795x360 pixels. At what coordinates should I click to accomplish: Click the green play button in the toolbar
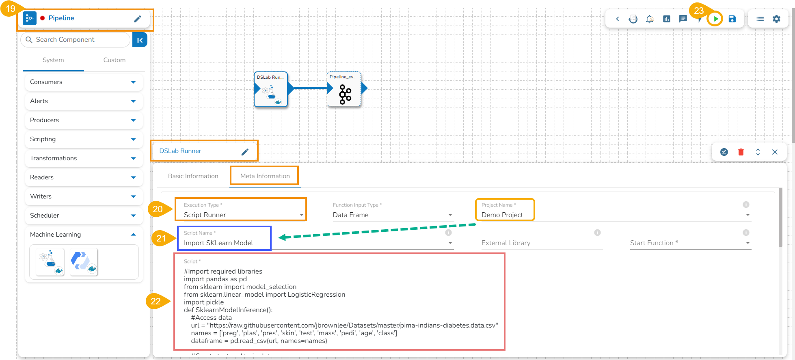pos(715,19)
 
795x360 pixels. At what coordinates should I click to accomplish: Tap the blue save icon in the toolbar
pos(732,19)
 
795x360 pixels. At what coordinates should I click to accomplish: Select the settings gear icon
pos(776,19)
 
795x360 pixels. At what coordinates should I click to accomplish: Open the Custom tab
pos(114,60)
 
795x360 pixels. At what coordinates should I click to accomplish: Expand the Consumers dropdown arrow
pos(133,82)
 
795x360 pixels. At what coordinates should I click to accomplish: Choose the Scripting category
pos(43,139)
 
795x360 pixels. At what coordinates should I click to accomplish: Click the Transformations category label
pos(53,158)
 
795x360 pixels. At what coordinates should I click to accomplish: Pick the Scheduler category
pos(45,216)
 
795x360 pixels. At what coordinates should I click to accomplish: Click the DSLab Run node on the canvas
pos(271,90)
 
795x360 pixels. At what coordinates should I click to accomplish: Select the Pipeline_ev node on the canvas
pos(344,90)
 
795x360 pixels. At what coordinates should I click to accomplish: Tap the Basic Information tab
pos(193,176)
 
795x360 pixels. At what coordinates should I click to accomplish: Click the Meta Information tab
pos(265,176)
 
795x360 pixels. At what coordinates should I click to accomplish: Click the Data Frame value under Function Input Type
pos(351,215)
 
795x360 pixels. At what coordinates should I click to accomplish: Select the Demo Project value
pos(502,215)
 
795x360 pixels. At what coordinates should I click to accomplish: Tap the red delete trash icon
pos(741,152)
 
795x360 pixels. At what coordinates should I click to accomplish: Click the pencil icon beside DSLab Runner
pos(245,151)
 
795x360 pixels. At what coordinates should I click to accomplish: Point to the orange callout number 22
pos(156,301)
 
